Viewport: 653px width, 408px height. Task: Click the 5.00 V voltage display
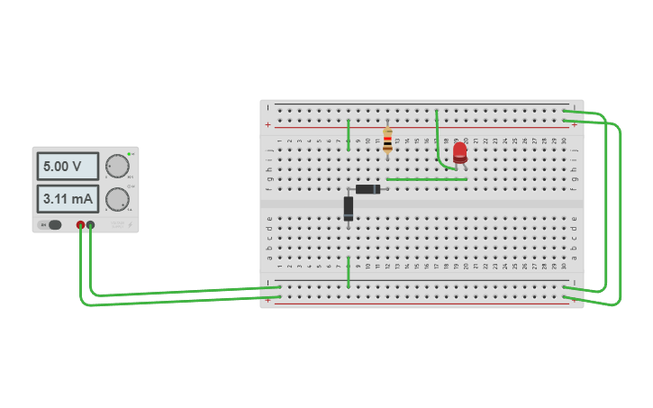click(x=68, y=167)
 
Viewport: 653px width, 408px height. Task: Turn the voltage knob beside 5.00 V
click(x=117, y=167)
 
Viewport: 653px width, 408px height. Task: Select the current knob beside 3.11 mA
click(x=117, y=199)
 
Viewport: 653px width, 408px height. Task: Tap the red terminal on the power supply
click(x=80, y=224)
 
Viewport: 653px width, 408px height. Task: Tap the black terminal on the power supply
click(x=91, y=224)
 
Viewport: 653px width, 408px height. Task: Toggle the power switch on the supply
click(x=54, y=224)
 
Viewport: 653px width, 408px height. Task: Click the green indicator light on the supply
click(x=130, y=154)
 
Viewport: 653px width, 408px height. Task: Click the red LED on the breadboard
click(x=460, y=152)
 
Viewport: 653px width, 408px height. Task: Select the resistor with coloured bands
click(x=388, y=140)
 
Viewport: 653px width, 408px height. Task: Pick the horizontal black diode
click(x=368, y=189)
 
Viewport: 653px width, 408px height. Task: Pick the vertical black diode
click(x=349, y=208)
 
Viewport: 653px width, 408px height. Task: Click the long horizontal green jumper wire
click(x=426, y=179)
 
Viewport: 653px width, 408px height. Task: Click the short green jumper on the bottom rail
click(x=349, y=272)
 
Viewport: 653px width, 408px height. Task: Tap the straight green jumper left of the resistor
click(x=349, y=135)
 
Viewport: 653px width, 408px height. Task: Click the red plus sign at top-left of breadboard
click(x=268, y=124)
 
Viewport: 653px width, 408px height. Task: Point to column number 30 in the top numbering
click(x=564, y=141)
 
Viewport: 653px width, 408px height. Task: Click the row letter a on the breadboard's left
click(x=269, y=258)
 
